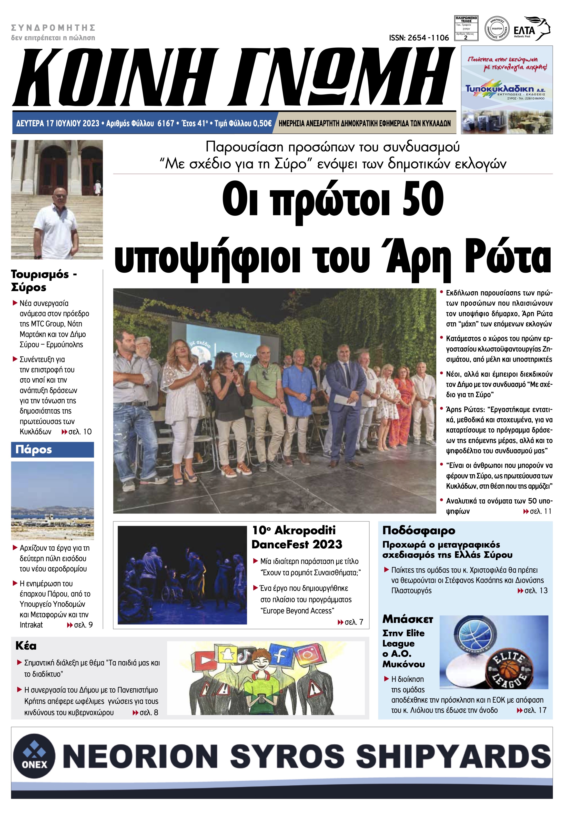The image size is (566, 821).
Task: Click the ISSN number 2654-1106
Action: tap(419, 38)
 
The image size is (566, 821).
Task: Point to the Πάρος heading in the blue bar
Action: tap(34, 449)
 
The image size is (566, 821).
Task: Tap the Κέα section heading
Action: tap(26, 646)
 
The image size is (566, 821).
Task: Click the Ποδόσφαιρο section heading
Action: tap(418, 530)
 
